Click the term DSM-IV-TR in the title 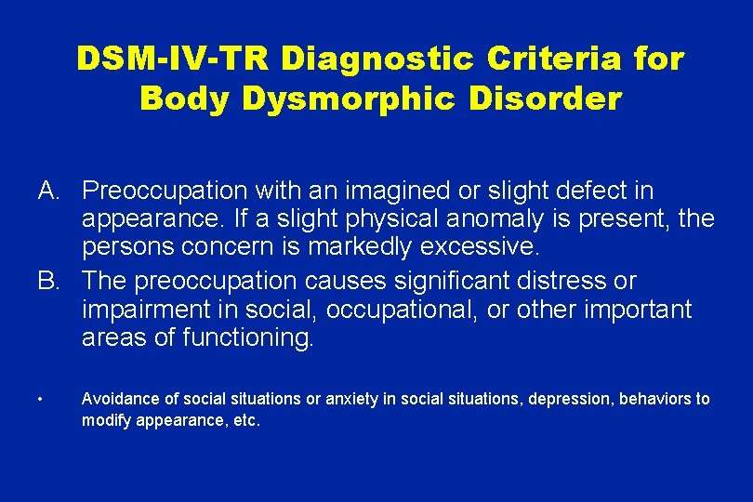tap(172, 59)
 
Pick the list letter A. tap(49, 192)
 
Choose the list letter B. tap(49, 281)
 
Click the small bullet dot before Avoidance tap(43, 400)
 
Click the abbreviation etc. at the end tap(246, 420)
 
